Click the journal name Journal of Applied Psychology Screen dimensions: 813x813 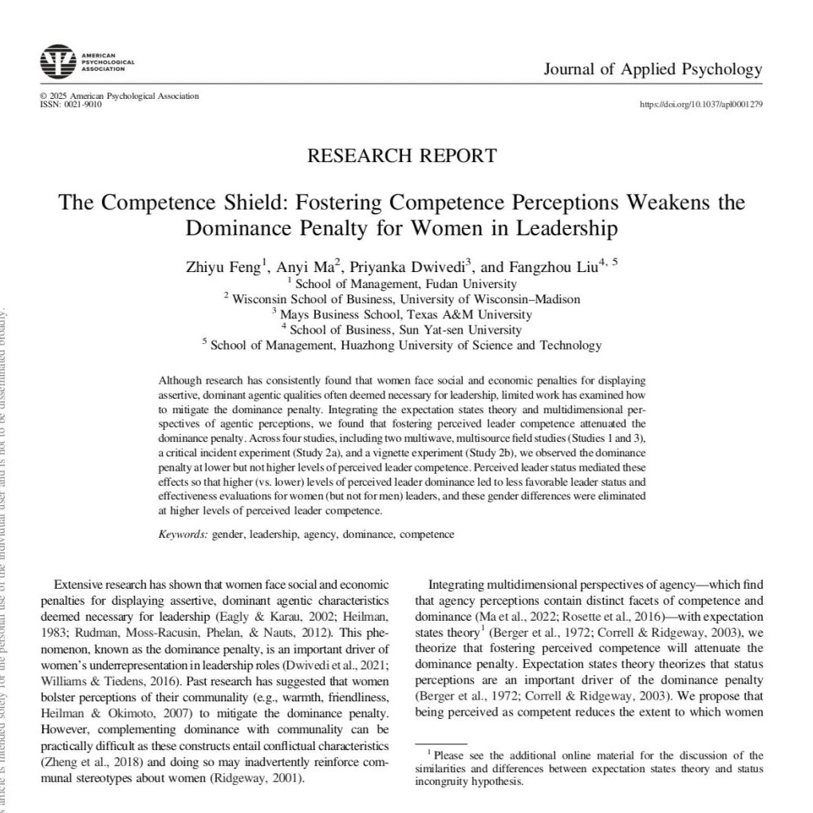tap(653, 69)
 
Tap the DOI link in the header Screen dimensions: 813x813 tap(701, 105)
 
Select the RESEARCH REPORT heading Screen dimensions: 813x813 tap(401, 156)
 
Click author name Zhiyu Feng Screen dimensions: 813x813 tap(223, 266)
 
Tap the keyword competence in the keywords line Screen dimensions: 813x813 tap(427, 534)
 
